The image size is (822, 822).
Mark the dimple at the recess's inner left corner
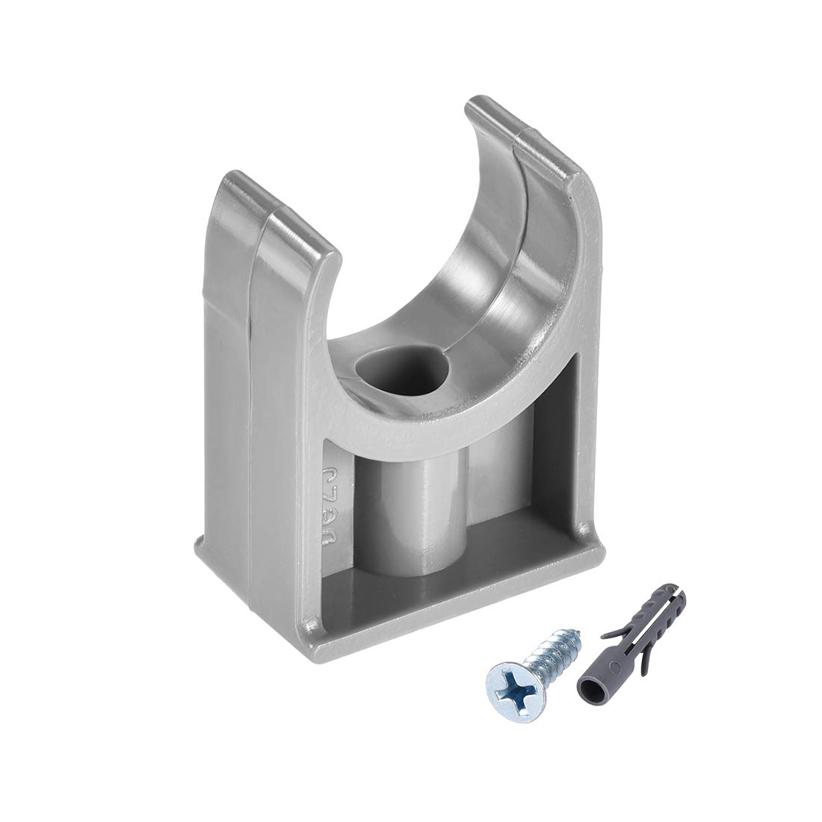[309, 622]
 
